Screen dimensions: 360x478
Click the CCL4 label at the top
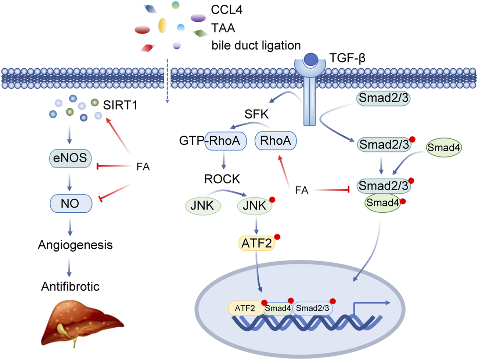227,10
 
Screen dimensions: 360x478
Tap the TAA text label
223,28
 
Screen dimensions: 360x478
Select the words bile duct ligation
256,46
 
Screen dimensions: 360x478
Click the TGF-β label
347,58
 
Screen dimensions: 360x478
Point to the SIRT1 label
120,105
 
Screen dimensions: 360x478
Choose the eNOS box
70,158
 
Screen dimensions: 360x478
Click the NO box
71,203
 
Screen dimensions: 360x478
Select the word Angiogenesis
75,245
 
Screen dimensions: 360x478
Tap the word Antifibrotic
70,287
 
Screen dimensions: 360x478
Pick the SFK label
256,115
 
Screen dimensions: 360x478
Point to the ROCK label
222,179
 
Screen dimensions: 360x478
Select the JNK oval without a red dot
202,206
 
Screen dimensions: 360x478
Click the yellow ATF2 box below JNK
256,243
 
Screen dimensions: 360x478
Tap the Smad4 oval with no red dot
443,148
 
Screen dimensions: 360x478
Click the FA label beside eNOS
143,167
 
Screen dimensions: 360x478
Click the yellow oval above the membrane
162,26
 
